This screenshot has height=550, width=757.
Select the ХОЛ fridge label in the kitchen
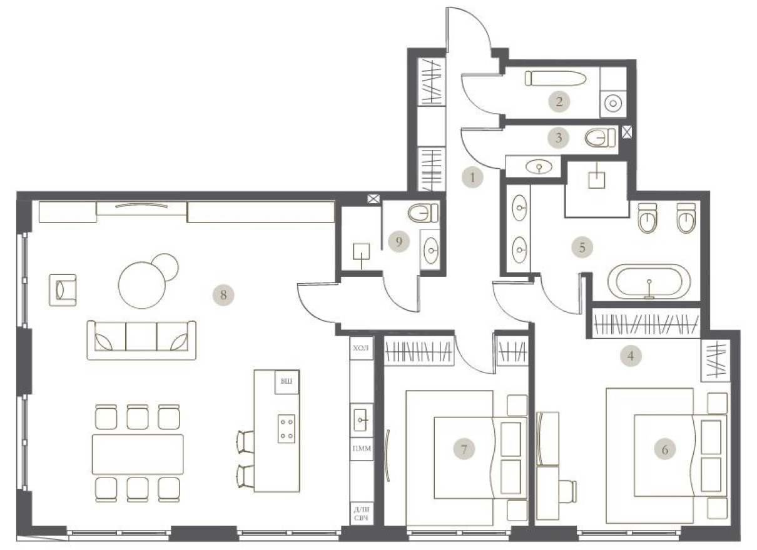[x=362, y=348]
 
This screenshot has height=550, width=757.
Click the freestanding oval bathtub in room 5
[x=649, y=283]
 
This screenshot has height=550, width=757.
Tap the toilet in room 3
[x=599, y=137]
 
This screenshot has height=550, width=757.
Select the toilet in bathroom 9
[x=424, y=214]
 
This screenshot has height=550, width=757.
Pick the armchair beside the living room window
[x=63, y=291]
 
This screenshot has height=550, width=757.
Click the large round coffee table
[x=141, y=284]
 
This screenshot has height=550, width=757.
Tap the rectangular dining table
[x=138, y=454]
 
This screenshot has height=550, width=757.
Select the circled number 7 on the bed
[x=464, y=448]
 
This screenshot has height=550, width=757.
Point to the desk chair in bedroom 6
[x=567, y=491]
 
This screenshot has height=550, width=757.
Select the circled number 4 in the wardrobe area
[x=631, y=356]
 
